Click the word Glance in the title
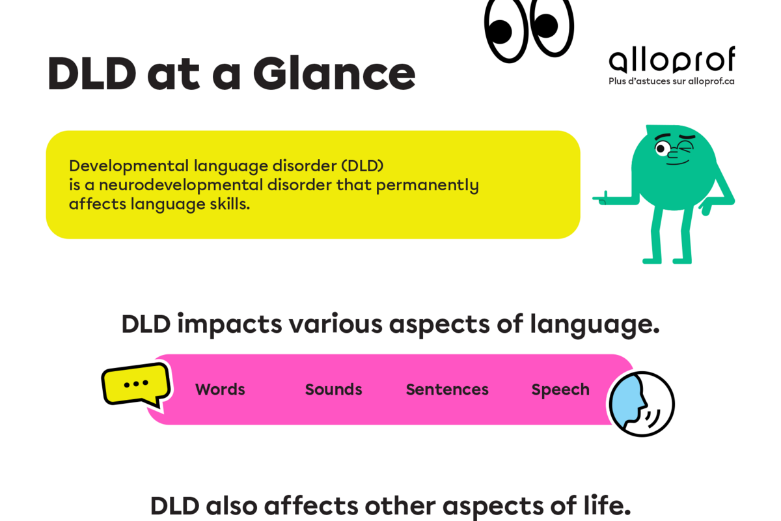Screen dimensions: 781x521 (x=334, y=74)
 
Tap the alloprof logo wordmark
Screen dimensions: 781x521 (x=672, y=60)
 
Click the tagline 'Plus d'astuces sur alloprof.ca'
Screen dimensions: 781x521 (x=672, y=81)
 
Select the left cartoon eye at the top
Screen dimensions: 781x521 (x=506, y=30)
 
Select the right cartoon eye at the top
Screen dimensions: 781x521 (x=552, y=26)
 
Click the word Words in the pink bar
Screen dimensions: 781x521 (x=220, y=389)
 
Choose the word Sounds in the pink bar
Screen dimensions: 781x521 (x=333, y=389)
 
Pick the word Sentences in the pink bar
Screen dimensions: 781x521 (x=447, y=389)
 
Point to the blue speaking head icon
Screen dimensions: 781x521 (x=642, y=404)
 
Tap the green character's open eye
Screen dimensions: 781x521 (x=661, y=148)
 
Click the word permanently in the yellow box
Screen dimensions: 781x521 (x=427, y=186)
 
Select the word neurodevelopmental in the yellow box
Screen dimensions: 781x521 (x=180, y=185)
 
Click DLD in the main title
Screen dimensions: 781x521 (x=92, y=74)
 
